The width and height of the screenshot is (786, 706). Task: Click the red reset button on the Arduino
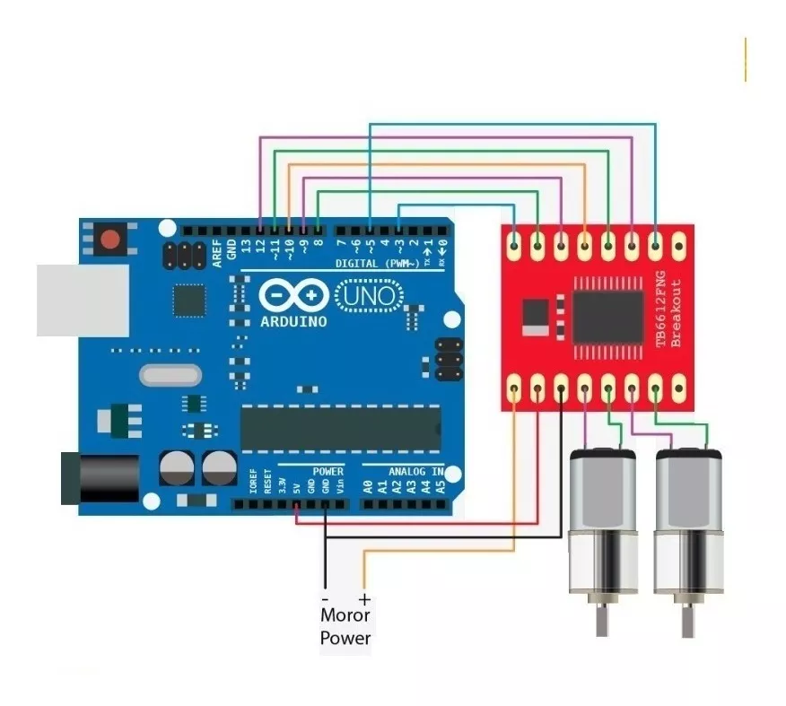[x=110, y=240]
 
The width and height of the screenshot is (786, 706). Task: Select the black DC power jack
[x=100, y=478]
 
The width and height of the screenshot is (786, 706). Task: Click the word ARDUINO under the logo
[x=293, y=321]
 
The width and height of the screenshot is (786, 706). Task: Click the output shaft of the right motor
[x=688, y=619]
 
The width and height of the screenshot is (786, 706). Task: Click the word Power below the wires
[x=345, y=638]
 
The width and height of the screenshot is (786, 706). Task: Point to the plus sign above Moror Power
[x=364, y=598]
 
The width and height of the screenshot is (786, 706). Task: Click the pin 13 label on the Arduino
[x=245, y=244]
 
